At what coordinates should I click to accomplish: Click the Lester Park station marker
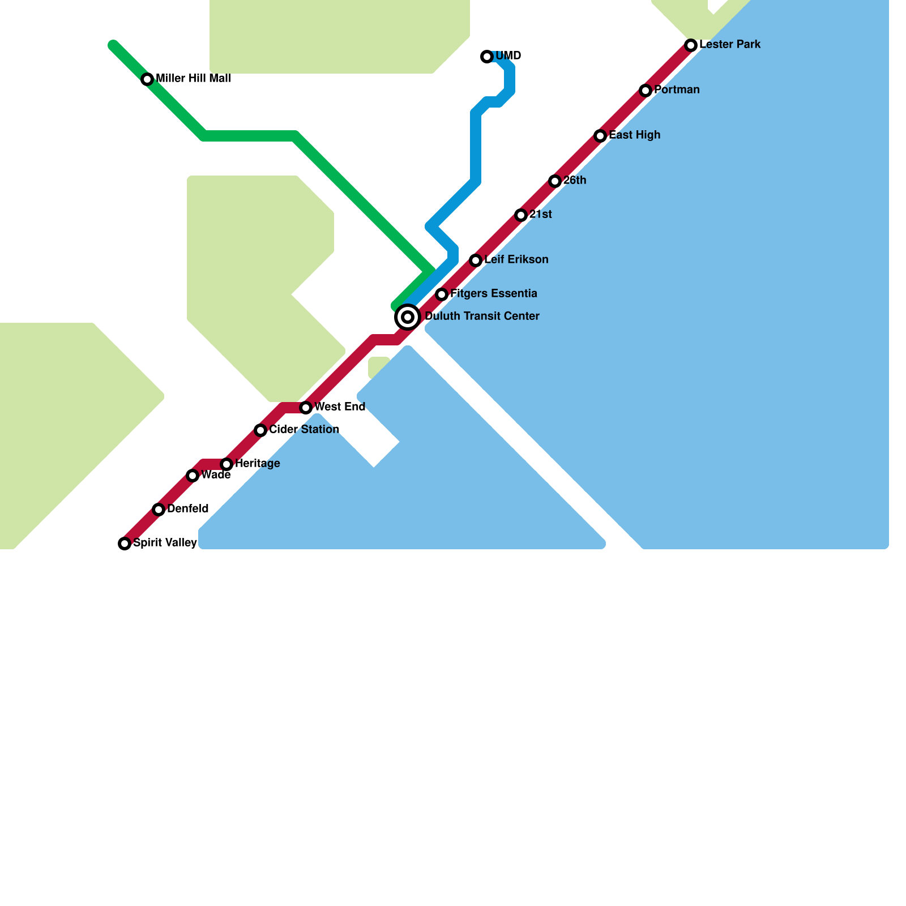[x=691, y=45]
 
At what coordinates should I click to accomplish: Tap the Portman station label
[x=677, y=90]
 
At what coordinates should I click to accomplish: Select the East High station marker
[x=600, y=136]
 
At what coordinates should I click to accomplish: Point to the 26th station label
[x=575, y=181]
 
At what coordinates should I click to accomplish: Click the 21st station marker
[x=521, y=215]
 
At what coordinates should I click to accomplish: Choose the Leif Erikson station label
[x=516, y=260]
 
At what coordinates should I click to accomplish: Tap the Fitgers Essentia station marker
[x=442, y=294]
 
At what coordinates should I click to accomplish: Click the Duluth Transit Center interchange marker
[x=408, y=317]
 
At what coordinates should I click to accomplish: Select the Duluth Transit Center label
[x=482, y=317]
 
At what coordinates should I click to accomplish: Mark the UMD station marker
[x=487, y=57]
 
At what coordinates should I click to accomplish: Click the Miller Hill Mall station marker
[x=147, y=79]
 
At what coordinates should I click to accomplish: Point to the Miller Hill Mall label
[x=193, y=79]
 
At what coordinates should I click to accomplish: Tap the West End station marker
[x=306, y=408]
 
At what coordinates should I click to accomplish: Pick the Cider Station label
[x=304, y=430]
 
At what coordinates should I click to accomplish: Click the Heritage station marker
[x=226, y=464]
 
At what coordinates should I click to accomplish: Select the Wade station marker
[x=193, y=476]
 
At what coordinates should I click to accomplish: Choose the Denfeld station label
[x=188, y=509]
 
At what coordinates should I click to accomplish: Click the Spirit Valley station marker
[x=125, y=544]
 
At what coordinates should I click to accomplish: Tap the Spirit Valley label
[x=165, y=543]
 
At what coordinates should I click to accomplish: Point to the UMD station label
[x=508, y=56]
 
